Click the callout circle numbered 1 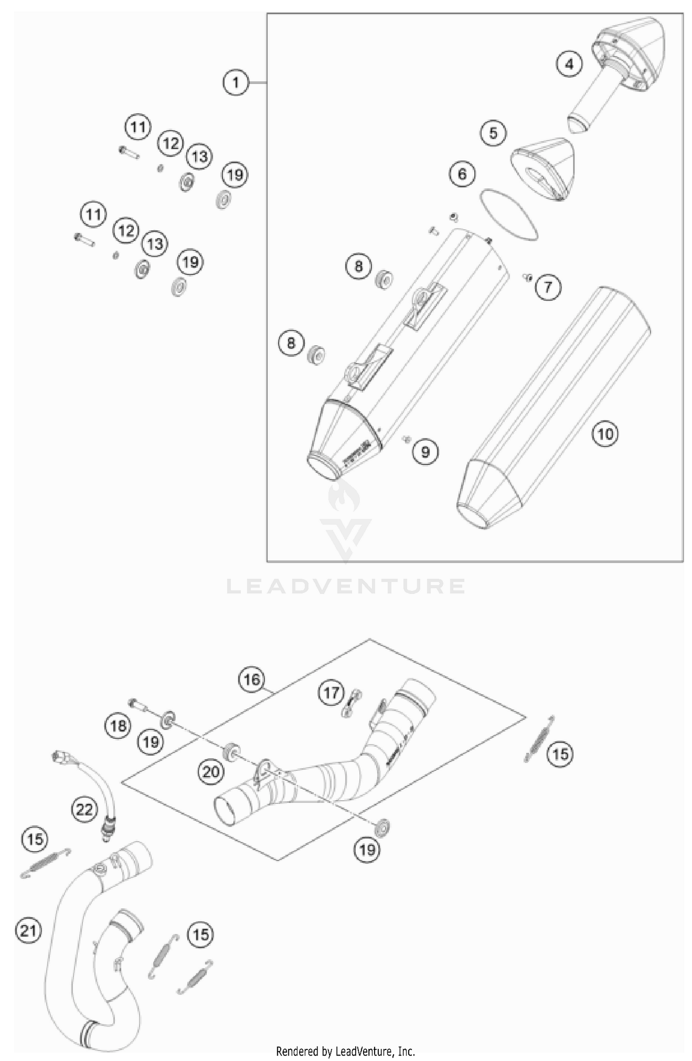pyautogui.click(x=236, y=83)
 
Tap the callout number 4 pyautogui.click(x=569, y=64)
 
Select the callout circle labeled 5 pyautogui.click(x=493, y=133)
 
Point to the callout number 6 pyautogui.click(x=462, y=174)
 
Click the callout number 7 pyautogui.click(x=548, y=288)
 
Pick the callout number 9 pyautogui.click(x=425, y=451)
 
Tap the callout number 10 pyautogui.click(x=605, y=434)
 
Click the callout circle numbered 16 pyautogui.click(x=251, y=679)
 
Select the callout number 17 pyautogui.click(x=331, y=693)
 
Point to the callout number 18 pyautogui.click(x=118, y=726)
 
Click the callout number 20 pyautogui.click(x=211, y=771)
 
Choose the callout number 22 pyautogui.click(x=84, y=809)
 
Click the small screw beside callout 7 pyautogui.click(x=527, y=277)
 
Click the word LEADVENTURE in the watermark pyautogui.click(x=346, y=586)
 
